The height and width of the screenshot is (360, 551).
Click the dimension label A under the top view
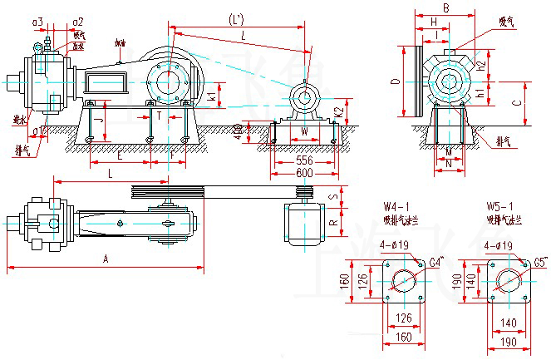pyautogui.click(x=106, y=259)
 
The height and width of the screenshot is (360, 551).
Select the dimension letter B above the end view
pyautogui.click(x=445, y=8)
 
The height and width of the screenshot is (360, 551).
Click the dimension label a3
pyautogui.click(x=38, y=21)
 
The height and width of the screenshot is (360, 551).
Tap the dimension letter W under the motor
pyautogui.click(x=304, y=132)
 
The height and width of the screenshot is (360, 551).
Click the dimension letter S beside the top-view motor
pyautogui.click(x=334, y=198)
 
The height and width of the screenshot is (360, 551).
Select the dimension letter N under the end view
pyautogui.click(x=448, y=165)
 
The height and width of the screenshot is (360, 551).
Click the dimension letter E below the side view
pyautogui.click(x=121, y=155)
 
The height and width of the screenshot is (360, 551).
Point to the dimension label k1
pyautogui.click(x=212, y=97)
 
